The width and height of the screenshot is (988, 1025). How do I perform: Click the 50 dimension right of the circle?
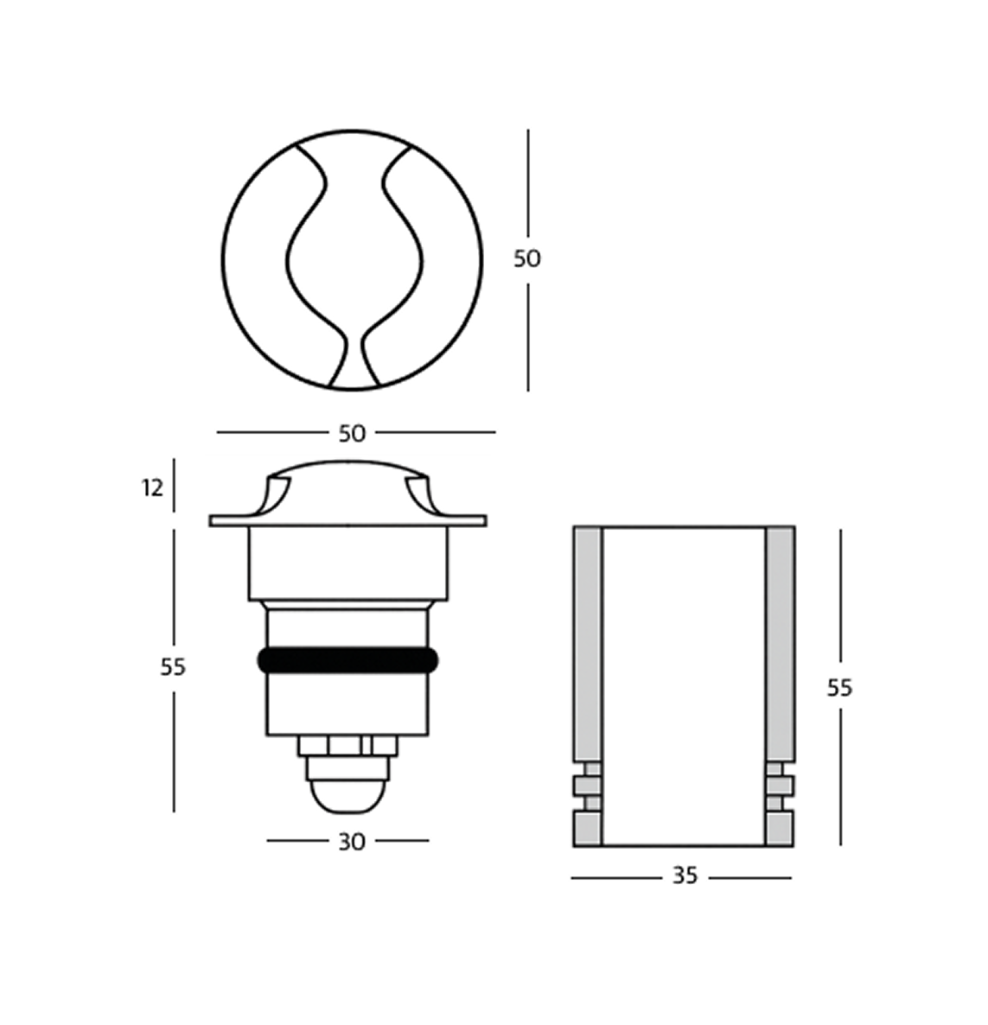(x=526, y=258)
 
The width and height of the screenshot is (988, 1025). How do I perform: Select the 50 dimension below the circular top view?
(x=352, y=433)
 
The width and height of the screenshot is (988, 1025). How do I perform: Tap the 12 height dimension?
(x=152, y=488)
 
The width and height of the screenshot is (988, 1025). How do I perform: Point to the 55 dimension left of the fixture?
(x=173, y=666)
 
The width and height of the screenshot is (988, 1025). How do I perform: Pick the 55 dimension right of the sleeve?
(x=839, y=688)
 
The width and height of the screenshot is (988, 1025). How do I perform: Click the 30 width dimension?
(x=351, y=841)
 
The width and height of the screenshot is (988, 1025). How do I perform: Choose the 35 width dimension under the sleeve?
(x=684, y=876)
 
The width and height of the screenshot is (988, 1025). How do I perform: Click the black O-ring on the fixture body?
(x=347, y=661)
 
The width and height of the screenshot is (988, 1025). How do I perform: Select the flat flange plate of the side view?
(x=347, y=521)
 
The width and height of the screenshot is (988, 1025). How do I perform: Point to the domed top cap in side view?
(x=347, y=488)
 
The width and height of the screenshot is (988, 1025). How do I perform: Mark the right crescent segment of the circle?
(x=449, y=259)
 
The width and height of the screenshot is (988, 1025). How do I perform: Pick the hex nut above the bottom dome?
(x=347, y=746)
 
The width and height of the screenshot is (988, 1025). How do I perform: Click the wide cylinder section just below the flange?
(x=347, y=563)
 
